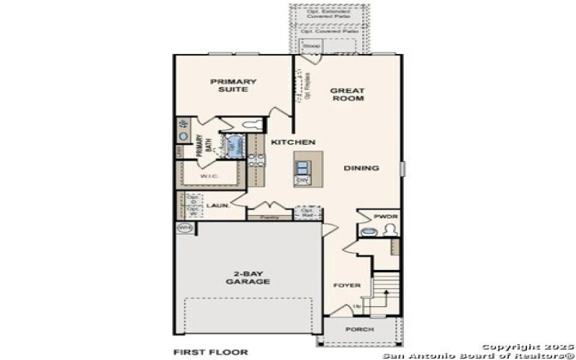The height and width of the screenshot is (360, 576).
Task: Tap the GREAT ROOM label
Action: pyautogui.click(x=347, y=94)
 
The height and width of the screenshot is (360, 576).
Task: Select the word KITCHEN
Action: pyautogui.click(x=292, y=143)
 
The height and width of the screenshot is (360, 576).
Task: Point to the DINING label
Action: pyautogui.click(x=361, y=168)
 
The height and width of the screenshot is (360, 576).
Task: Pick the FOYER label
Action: pyautogui.click(x=346, y=285)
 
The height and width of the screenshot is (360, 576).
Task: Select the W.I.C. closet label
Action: pyautogui.click(x=210, y=176)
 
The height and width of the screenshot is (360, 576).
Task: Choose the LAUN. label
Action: pyautogui.click(x=217, y=205)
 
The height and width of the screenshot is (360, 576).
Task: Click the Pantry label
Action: pyautogui.click(x=269, y=216)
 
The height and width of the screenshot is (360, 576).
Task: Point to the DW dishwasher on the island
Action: pyautogui.click(x=303, y=180)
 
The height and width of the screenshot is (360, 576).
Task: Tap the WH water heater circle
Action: pyautogui.click(x=184, y=228)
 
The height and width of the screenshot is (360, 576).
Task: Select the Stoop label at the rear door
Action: pyautogui.click(x=311, y=46)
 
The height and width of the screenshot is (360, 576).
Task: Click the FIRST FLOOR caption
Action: pyautogui.click(x=210, y=352)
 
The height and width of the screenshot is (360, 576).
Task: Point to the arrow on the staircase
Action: pyautogui.click(x=386, y=296)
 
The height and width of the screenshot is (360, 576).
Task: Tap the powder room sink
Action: pyautogui.click(x=369, y=232)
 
